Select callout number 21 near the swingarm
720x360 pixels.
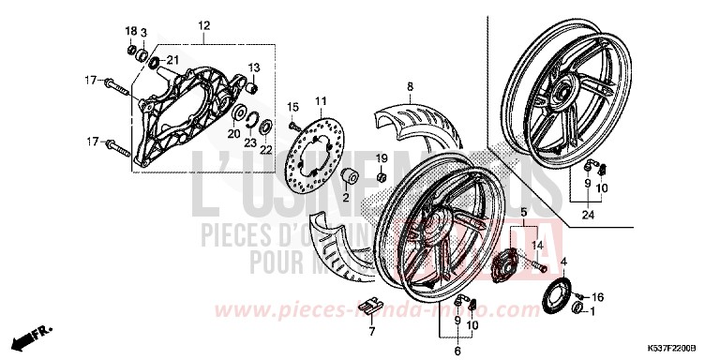(x=171, y=61)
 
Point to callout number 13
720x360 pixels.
(x=253, y=67)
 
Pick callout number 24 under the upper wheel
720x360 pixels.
(x=589, y=215)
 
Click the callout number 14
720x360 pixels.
(x=538, y=245)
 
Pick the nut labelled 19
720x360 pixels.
(x=382, y=175)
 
